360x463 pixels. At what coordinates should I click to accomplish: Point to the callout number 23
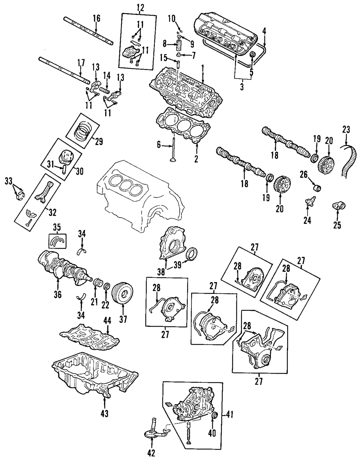point(347,129)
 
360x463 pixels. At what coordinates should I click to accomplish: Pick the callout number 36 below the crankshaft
point(58,295)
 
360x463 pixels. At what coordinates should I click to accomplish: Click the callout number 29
point(98,141)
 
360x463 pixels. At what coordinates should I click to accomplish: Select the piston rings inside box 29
point(84,131)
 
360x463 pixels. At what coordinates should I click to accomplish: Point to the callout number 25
point(338,225)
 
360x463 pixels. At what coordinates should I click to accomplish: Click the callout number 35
point(57,228)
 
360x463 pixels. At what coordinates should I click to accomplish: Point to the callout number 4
point(264,32)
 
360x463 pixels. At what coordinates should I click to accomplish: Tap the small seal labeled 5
point(252,55)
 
